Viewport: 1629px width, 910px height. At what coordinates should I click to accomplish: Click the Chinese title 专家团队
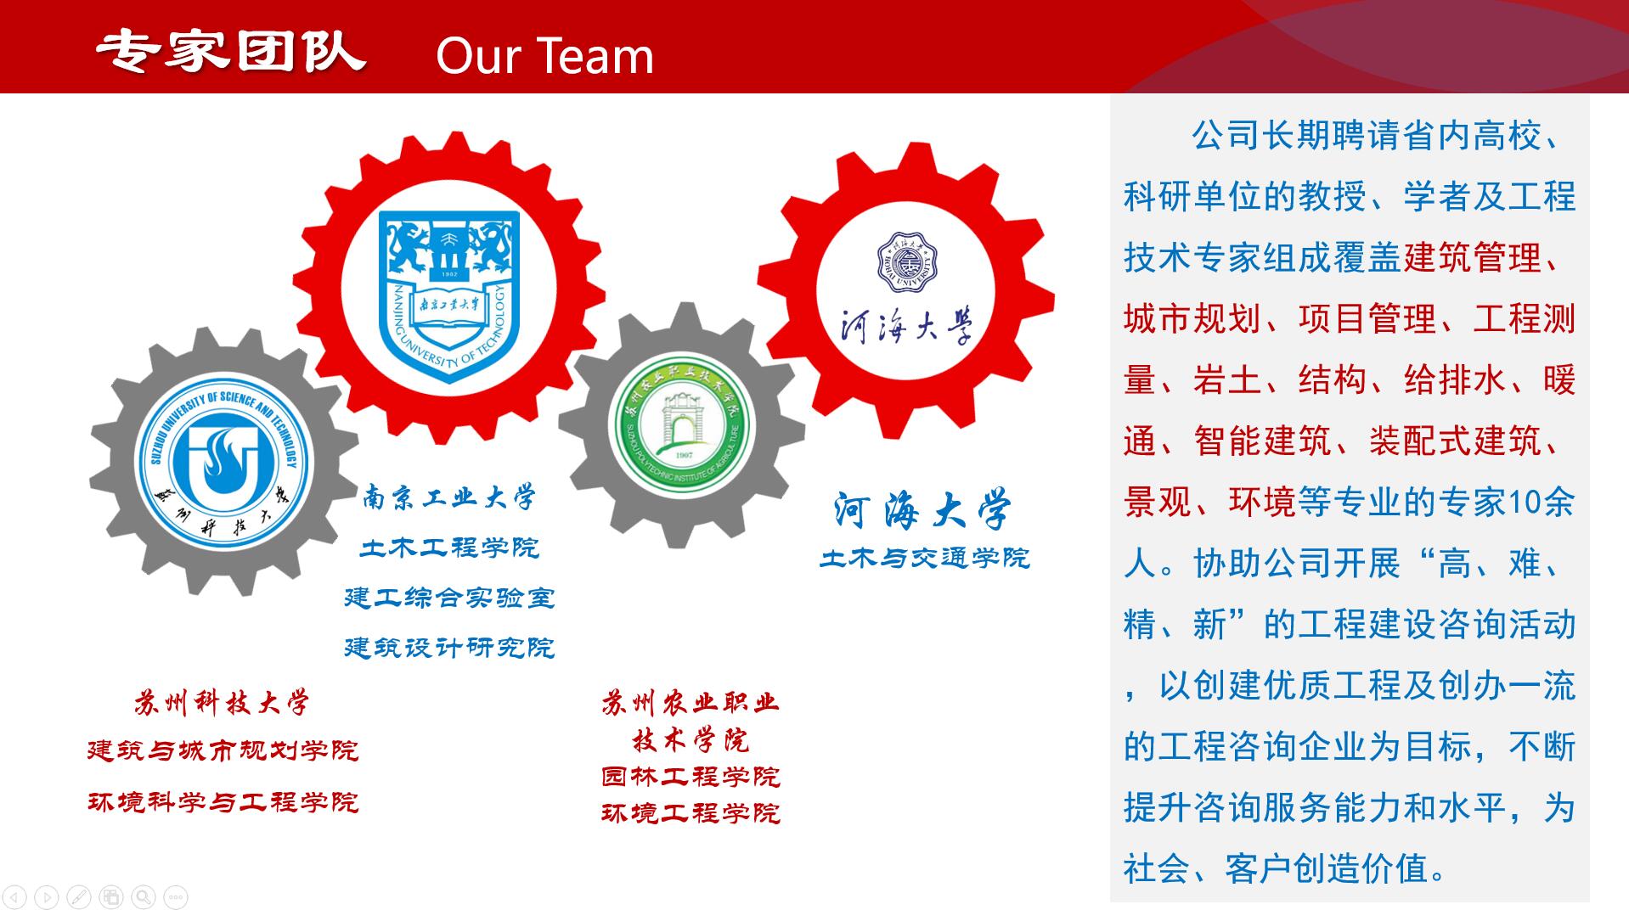(230, 52)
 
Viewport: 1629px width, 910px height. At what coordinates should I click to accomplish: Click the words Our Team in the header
(544, 56)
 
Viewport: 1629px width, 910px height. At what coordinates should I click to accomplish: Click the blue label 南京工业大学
(449, 497)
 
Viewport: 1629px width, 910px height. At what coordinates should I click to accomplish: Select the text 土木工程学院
(449, 548)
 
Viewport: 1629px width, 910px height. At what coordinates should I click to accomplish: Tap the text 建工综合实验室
(449, 598)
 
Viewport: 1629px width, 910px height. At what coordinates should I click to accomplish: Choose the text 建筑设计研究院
(449, 648)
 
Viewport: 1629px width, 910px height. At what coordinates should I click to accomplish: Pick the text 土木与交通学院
(925, 558)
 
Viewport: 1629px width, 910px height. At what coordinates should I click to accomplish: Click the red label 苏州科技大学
(222, 703)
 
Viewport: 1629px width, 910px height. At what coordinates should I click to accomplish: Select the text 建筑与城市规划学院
(223, 750)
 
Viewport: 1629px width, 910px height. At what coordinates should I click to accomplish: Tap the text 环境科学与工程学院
(223, 802)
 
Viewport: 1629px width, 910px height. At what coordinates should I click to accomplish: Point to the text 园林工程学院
(690, 777)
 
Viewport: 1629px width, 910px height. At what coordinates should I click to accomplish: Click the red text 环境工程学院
(690, 813)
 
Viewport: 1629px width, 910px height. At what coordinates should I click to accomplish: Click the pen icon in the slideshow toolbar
(79, 896)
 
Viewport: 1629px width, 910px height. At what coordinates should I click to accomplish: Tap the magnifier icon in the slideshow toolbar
(144, 896)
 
